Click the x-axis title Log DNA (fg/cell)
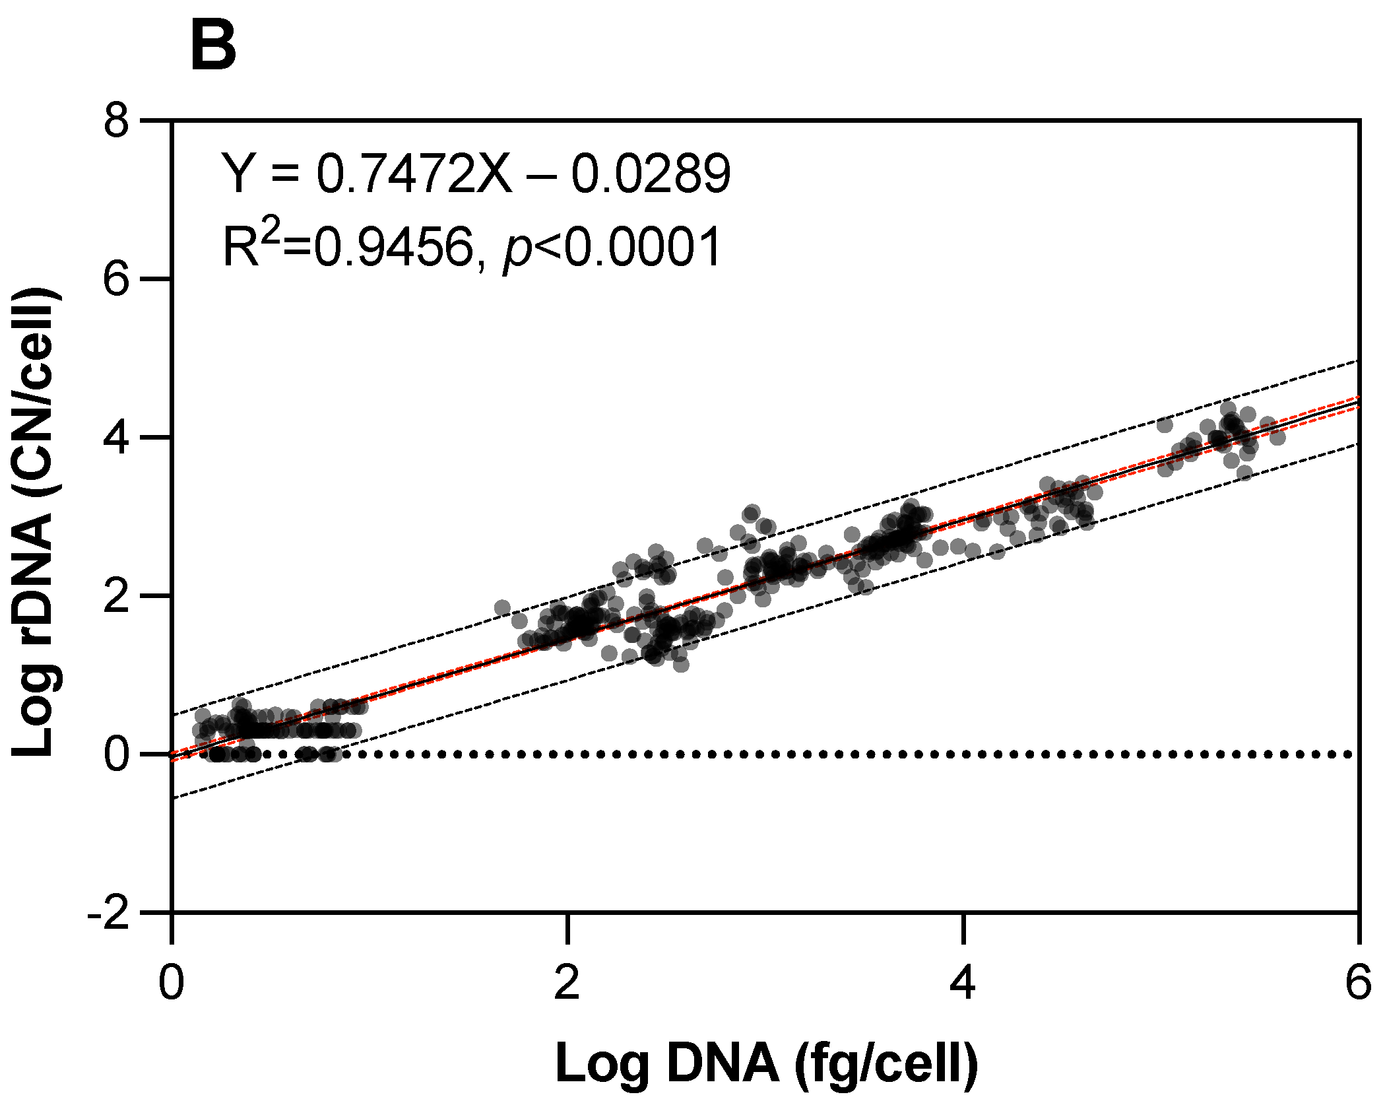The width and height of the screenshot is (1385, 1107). click(x=766, y=1063)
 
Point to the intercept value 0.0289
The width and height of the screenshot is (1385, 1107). click(x=650, y=174)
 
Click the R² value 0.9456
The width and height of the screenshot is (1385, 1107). click(x=393, y=247)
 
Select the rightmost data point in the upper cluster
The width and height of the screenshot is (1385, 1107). click(x=1277, y=436)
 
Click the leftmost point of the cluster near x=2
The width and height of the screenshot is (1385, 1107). click(x=502, y=608)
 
